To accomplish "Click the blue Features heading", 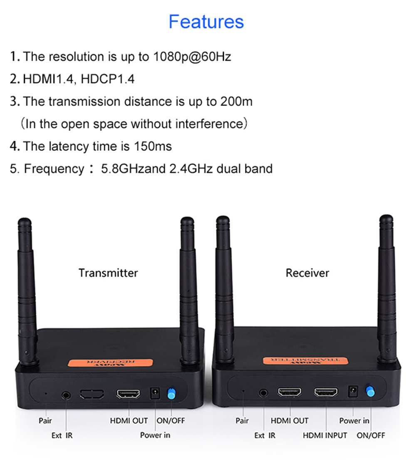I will point(206,22).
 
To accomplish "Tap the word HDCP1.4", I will point(108,79).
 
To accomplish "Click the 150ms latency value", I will point(153,146).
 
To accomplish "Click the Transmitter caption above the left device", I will point(108,273).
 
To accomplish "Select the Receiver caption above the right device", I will point(307,273).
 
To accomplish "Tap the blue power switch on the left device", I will point(171,394).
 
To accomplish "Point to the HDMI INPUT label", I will point(325,435).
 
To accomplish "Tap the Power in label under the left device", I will point(155,435).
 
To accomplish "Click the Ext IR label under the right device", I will point(265,435).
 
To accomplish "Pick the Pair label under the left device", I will point(45,421).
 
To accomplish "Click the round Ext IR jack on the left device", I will point(66,394).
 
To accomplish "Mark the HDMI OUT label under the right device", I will point(290,421).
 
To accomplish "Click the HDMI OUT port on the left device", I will point(128,394).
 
